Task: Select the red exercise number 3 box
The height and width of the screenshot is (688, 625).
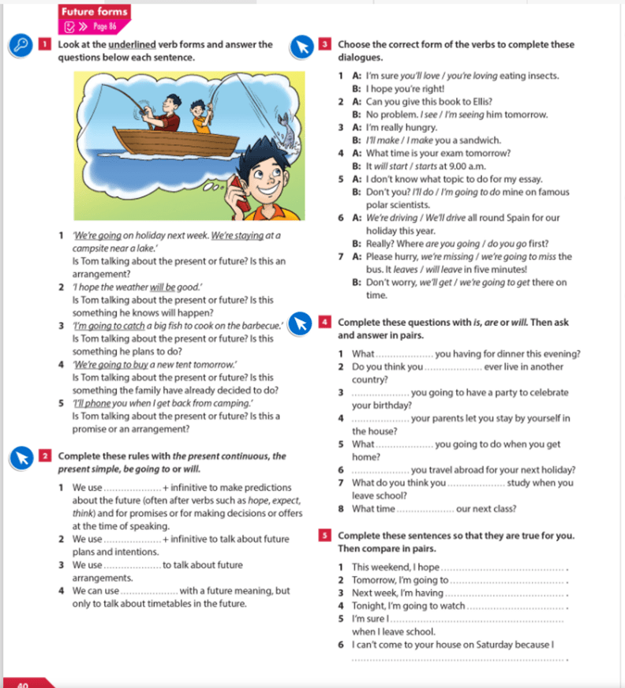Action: [x=326, y=45]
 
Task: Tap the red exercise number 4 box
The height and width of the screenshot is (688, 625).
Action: [x=326, y=322]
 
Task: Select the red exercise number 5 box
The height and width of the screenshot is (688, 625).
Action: [x=326, y=536]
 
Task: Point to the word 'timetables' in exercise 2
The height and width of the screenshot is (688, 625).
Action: [x=154, y=604]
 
